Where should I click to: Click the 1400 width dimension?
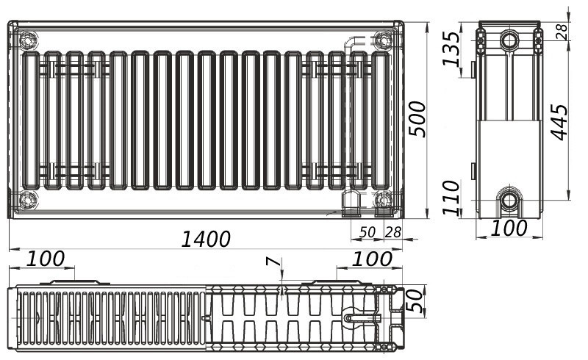pos(206,239)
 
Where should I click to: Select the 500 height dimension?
pos(417,119)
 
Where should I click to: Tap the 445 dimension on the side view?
pos(559,123)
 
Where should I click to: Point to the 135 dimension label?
pos(451,48)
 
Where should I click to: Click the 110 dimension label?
pos(451,198)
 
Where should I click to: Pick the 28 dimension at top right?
pos(562,32)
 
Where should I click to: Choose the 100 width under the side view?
pos(509,228)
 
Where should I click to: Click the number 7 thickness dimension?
pos(273,262)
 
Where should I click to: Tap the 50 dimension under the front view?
pos(367,232)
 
